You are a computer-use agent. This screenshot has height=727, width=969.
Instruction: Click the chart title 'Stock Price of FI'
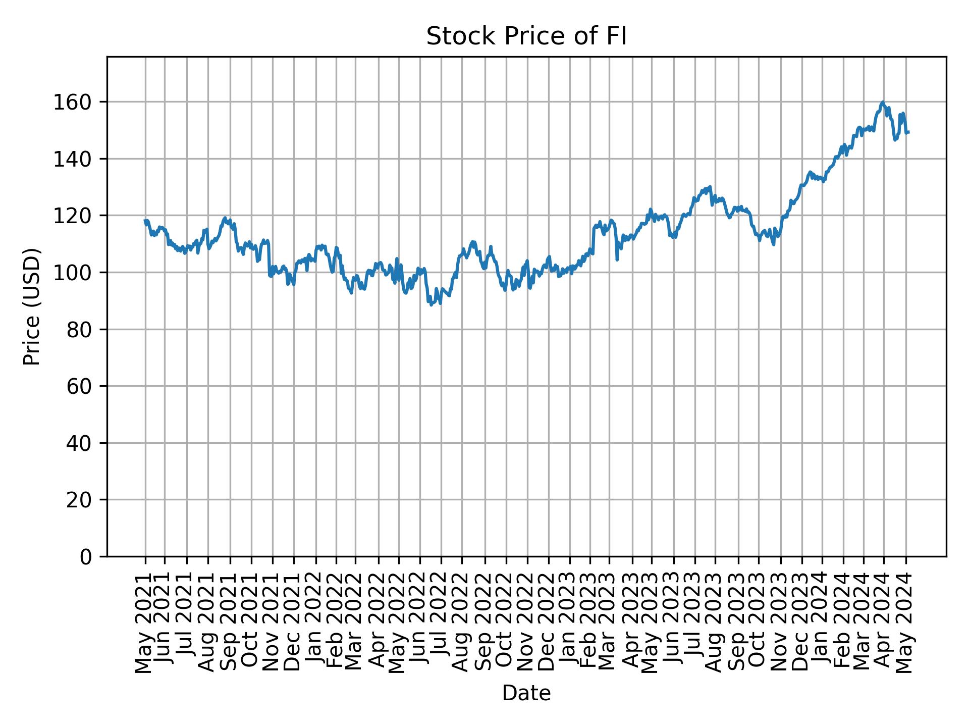coord(526,37)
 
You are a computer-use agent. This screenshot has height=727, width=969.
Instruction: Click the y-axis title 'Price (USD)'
coord(32,306)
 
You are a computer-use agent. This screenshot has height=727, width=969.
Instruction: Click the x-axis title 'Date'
coord(526,693)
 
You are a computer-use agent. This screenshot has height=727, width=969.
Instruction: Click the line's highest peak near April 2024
coord(882,102)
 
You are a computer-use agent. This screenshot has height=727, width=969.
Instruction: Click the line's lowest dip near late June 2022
coord(431,305)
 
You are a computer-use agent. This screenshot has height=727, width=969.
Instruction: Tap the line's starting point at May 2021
coord(145,220)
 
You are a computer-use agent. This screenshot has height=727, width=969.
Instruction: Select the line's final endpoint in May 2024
coord(908,132)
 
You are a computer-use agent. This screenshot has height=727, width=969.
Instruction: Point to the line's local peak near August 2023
coord(710,186)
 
